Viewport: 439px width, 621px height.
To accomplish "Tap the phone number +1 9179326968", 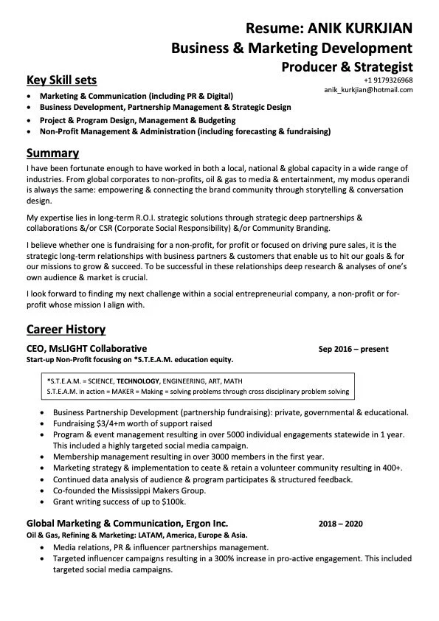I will (388, 80).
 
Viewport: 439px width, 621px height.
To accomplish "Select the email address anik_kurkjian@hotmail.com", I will (368, 90).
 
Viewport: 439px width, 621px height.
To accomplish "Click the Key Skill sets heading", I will (61, 80).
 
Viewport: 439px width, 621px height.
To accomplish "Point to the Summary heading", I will (52, 153).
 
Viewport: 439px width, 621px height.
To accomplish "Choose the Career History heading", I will (66, 329).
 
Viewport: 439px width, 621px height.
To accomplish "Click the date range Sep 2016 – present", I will (353, 349).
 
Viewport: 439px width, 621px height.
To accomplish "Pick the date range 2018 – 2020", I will (341, 524).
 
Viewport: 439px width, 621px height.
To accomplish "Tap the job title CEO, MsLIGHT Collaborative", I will (86, 348).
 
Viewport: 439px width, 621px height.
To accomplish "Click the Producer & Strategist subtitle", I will (347, 67).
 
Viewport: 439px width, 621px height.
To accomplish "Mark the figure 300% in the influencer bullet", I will (217, 558).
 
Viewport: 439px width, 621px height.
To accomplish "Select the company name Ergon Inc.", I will (201, 524).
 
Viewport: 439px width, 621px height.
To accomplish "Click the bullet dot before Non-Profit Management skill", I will (29, 131).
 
